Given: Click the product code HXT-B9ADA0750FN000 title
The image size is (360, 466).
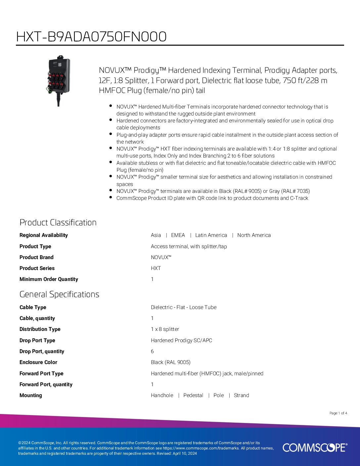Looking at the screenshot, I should (91, 37).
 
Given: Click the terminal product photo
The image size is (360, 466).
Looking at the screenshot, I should (59, 80).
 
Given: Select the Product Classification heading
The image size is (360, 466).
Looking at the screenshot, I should (58, 222).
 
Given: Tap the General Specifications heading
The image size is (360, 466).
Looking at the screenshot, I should (59, 294).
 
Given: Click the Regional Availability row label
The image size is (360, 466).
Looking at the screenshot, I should (44, 235).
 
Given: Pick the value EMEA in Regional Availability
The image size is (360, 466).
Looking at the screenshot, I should (178, 235).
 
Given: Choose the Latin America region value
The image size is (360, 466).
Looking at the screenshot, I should (211, 235).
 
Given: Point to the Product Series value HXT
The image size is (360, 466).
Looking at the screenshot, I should (156, 268).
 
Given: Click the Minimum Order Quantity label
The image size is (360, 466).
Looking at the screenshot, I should (49, 279).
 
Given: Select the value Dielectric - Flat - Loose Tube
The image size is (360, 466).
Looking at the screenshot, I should (184, 307).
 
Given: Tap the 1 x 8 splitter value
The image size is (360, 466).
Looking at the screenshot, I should (165, 329).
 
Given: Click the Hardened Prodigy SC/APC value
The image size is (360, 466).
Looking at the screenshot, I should (181, 341).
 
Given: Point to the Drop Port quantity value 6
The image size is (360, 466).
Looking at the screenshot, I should (152, 351).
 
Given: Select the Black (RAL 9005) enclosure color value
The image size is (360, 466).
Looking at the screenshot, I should (171, 362).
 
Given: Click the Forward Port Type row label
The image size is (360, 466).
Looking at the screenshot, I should (41, 374).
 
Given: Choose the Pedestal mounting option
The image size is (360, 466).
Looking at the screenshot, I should (193, 396).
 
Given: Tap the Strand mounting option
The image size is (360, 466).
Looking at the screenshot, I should (241, 396).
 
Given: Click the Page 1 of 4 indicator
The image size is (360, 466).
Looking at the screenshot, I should (338, 413).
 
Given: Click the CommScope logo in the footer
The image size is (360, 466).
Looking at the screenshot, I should (315, 447).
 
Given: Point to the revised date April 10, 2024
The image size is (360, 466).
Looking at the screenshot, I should (185, 453).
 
